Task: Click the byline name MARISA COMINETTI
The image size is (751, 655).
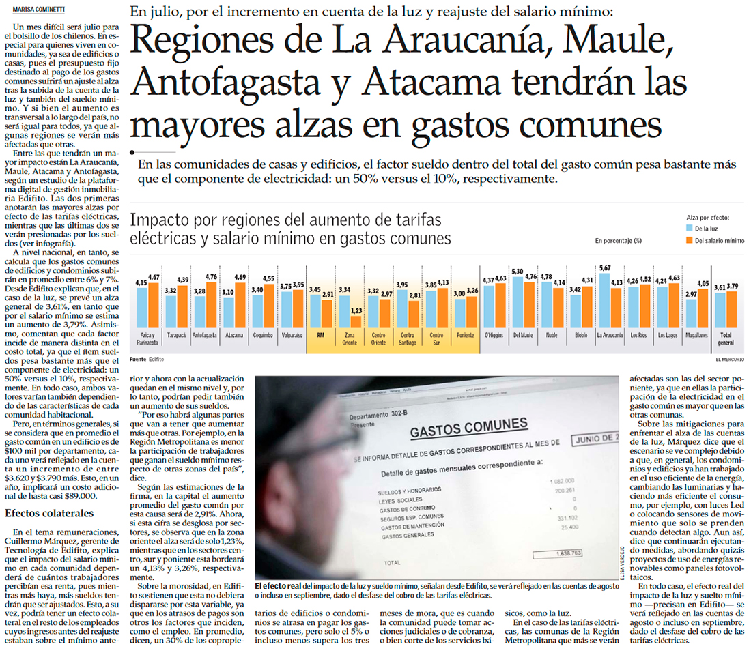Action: click(x=34, y=10)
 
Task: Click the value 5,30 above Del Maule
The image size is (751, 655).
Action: click(x=517, y=271)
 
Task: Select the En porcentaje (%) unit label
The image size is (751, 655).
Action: click(x=618, y=240)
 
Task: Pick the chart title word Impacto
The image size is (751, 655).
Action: click(x=162, y=221)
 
